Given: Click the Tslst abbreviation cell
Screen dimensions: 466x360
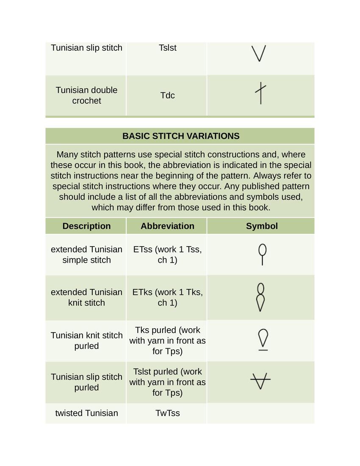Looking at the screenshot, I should [x=167, y=48].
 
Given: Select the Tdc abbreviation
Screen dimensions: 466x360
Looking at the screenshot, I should [x=167, y=95].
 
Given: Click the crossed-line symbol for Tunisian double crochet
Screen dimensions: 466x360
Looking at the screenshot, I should [x=260, y=94].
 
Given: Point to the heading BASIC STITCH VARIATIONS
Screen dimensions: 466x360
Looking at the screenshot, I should [x=181, y=136].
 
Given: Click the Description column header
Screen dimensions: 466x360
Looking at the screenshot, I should [x=86, y=226].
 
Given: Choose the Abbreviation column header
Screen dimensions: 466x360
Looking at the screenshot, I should [x=167, y=226].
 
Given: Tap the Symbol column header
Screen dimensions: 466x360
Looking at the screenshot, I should [x=262, y=226].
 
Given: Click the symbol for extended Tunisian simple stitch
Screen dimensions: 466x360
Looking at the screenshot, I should [x=263, y=254].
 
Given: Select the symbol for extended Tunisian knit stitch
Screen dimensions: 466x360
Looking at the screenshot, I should [x=261, y=297].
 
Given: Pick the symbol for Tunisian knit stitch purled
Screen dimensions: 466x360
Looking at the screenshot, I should [x=263, y=340].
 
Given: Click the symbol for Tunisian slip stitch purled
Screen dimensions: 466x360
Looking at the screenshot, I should [x=260, y=380].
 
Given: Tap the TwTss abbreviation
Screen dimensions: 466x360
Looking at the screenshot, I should [x=167, y=413].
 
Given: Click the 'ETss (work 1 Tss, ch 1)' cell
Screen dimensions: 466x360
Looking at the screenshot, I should [x=167, y=255].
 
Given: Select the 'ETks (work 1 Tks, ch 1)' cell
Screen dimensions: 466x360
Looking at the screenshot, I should [x=167, y=297].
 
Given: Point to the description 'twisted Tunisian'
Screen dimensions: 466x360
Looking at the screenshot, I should [x=86, y=413].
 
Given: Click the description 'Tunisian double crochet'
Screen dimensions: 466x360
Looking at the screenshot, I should [x=86, y=95].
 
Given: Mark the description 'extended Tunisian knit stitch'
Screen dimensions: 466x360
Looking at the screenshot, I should [x=86, y=297].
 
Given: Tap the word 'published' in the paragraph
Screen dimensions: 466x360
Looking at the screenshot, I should [x=261, y=186].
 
